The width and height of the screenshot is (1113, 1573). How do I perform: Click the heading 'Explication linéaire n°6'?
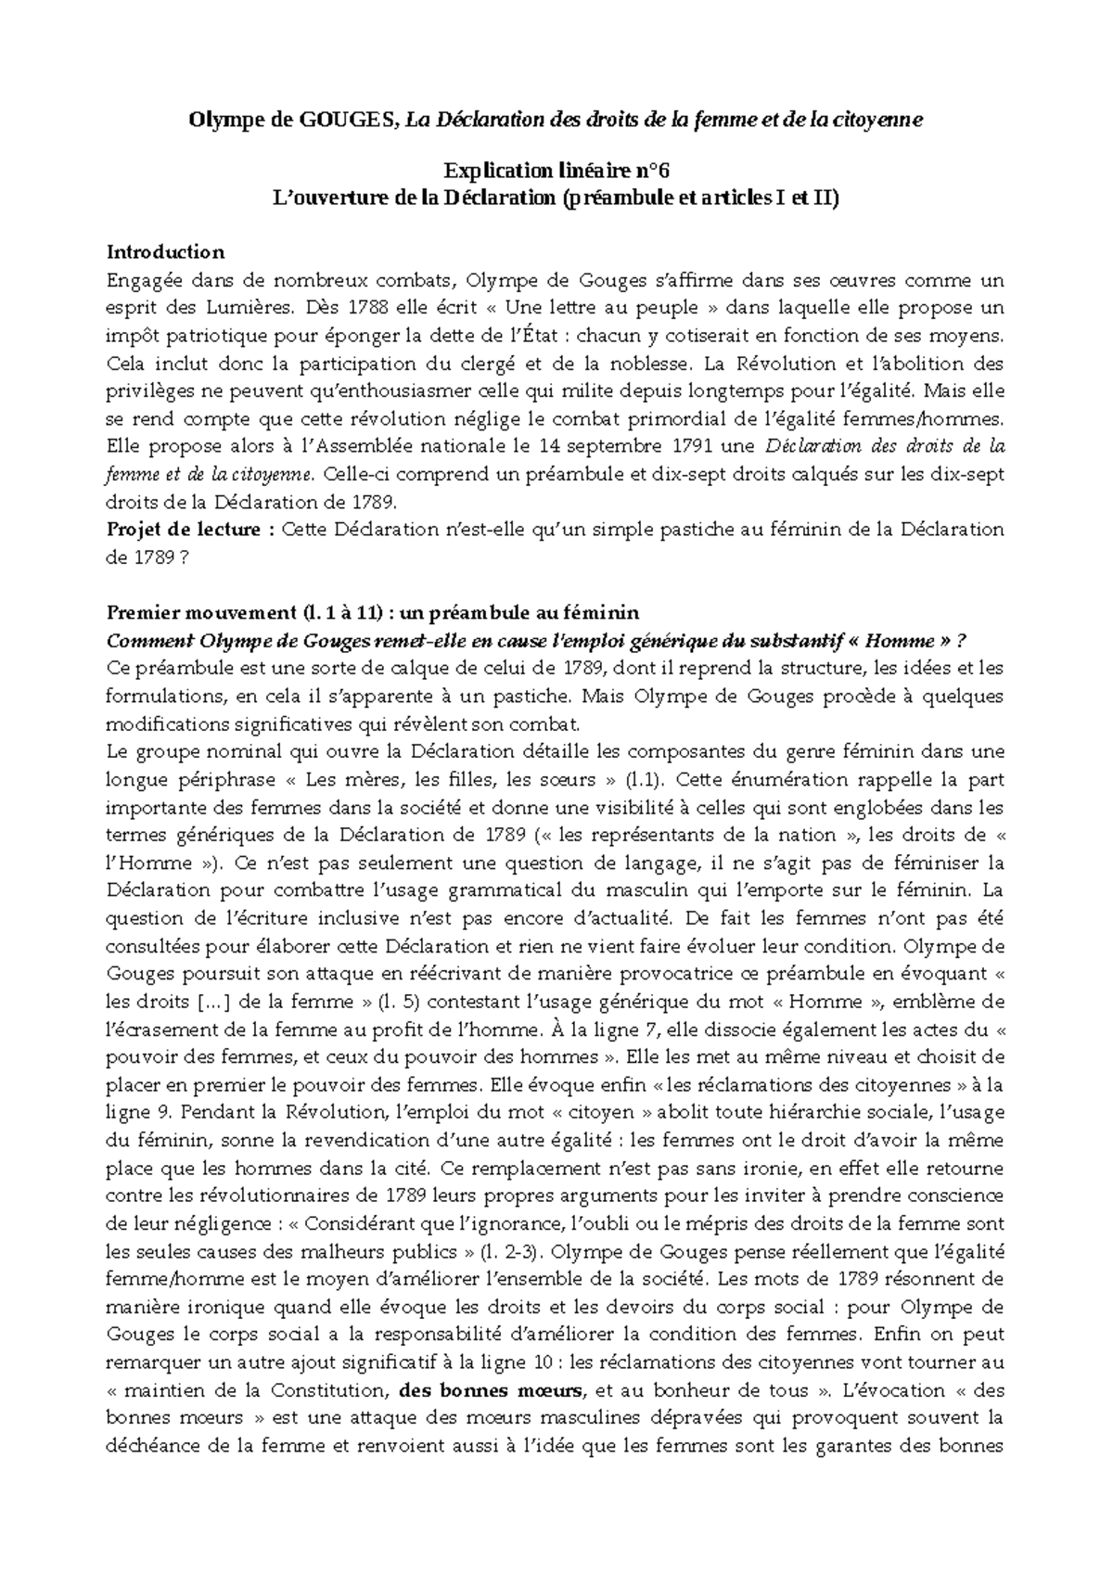pyautogui.click(x=556, y=171)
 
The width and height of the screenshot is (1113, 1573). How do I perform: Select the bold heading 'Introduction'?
pyautogui.click(x=165, y=252)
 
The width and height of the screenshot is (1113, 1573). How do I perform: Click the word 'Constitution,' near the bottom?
pyautogui.click(x=328, y=1391)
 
